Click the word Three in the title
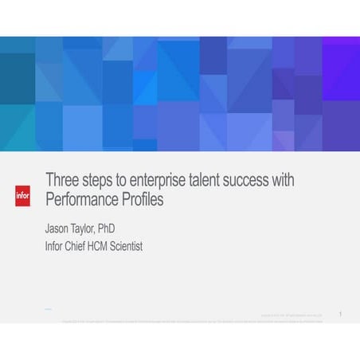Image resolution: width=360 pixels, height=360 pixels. pyautogui.click(x=62, y=181)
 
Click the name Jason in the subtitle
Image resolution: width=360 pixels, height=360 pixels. pyautogui.click(x=60, y=228)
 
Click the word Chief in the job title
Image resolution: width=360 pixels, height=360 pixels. pyautogui.click(x=82, y=246)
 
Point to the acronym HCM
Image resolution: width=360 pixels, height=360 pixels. pyautogui.click(x=112, y=246)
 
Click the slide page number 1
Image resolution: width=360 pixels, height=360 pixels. pyautogui.click(x=340, y=315)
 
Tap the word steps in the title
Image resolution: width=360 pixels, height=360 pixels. pyautogui.click(x=99, y=181)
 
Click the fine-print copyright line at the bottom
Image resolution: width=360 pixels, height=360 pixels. pyautogui.click(x=191, y=321)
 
